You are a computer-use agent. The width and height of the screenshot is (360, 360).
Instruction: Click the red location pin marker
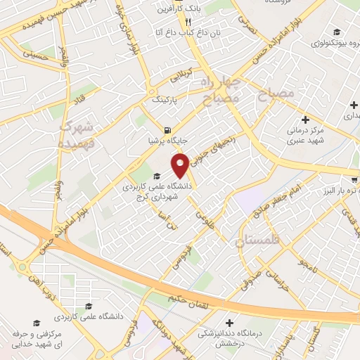pos(181,165)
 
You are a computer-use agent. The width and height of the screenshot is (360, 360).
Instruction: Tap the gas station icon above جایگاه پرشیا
pos(167,129)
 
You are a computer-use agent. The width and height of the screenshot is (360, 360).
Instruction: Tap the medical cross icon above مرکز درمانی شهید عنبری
pos(304,120)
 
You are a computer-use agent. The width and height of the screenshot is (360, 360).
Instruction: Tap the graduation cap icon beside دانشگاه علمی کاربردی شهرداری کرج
pos(156,176)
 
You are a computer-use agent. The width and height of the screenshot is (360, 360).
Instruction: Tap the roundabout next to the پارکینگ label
pos(151,91)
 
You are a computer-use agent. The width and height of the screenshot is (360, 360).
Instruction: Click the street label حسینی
pos(35,51)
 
